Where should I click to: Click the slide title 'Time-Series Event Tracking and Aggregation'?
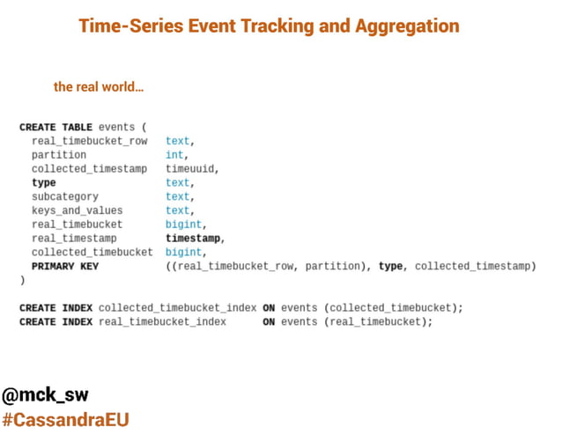269,26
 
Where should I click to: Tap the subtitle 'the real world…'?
99,87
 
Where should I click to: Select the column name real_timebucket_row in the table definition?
89,141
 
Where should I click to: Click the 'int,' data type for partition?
175,155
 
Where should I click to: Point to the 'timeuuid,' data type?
191,169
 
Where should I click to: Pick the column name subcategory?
65,196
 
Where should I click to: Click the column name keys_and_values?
77,210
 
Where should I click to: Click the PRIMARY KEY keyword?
65,266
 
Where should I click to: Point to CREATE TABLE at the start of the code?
55,127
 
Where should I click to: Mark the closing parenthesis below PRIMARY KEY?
23,280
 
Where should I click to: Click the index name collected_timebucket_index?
177,307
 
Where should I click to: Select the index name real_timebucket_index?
162,321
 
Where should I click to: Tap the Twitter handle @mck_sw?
45,394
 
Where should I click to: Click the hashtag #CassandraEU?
66,419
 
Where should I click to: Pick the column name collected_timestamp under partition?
89,169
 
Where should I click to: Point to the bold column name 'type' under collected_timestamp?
43,182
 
